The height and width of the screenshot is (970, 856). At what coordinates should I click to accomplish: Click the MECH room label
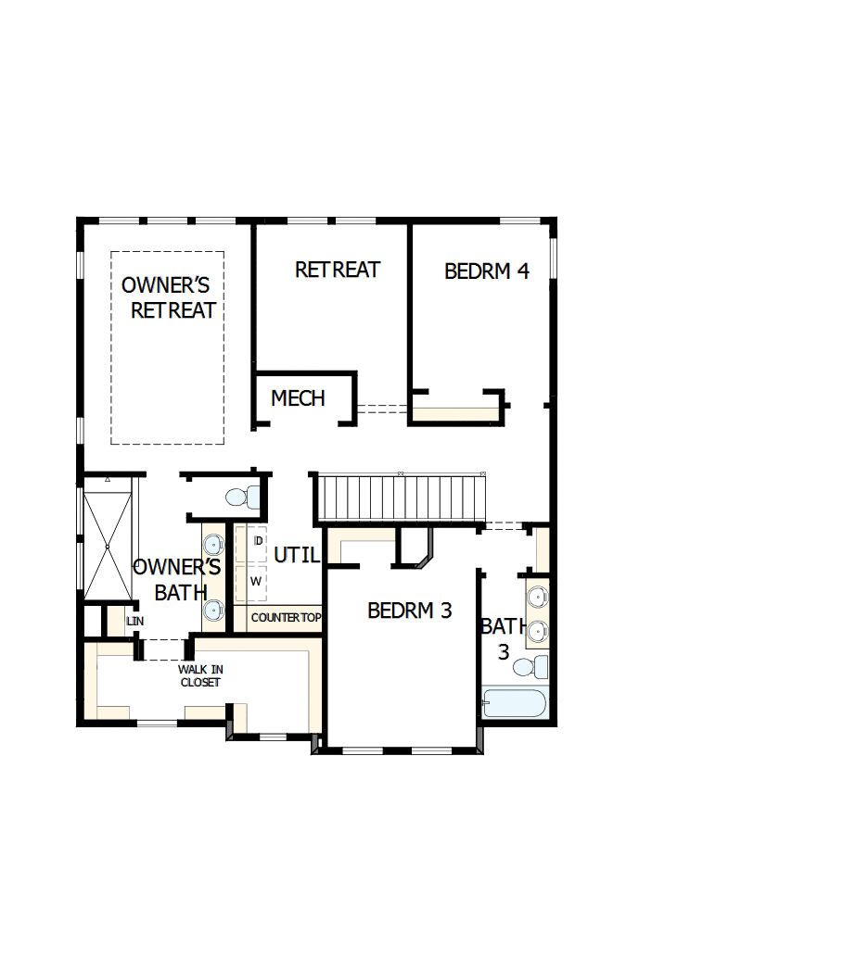pyautogui.click(x=298, y=398)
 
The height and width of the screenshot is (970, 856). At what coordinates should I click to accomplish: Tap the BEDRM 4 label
pyautogui.click(x=487, y=271)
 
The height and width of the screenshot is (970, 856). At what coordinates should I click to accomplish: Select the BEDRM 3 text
pyautogui.click(x=409, y=611)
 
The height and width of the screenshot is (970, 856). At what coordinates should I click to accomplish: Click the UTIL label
pyautogui.click(x=297, y=556)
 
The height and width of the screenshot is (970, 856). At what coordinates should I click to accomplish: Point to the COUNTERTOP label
pyautogui.click(x=286, y=617)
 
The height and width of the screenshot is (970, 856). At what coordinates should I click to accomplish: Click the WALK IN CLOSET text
pyautogui.click(x=200, y=675)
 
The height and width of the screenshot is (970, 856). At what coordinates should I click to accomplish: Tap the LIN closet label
pyautogui.click(x=135, y=621)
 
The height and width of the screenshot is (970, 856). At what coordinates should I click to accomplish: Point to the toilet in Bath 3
pyautogui.click(x=530, y=667)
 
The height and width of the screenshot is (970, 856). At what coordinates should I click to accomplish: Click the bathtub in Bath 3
pyautogui.click(x=514, y=702)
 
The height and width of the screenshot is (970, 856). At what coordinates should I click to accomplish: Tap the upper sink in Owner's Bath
pyautogui.click(x=214, y=544)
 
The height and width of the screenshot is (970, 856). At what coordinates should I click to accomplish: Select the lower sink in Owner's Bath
pyautogui.click(x=214, y=609)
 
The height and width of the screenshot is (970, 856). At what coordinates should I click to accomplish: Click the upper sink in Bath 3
pyautogui.click(x=538, y=595)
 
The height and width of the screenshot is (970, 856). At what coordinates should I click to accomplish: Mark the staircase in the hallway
pyautogui.click(x=401, y=498)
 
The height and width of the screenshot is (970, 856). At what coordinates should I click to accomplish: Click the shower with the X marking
pyautogui.click(x=108, y=547)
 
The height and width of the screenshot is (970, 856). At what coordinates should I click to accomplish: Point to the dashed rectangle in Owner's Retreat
pyautogui.click(x=167, y=347)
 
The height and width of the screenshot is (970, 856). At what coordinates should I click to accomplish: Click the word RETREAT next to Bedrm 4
pyautogui.click(x=338, y=270)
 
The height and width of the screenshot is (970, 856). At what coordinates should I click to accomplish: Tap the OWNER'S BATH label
pyautogui.click(x=177, y=580)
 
